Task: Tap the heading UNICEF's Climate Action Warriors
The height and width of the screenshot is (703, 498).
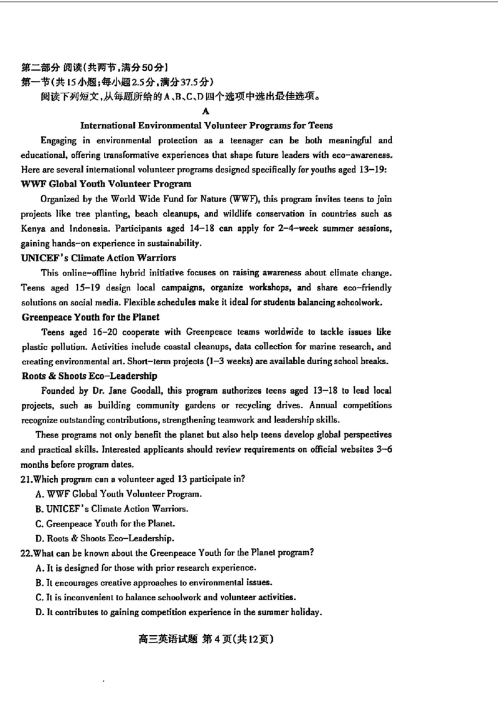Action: [x=98, y=258]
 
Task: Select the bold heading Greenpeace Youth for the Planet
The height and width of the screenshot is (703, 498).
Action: [x=90, y=317]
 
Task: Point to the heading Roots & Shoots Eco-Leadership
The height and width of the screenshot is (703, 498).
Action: [x=89, y=376]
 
